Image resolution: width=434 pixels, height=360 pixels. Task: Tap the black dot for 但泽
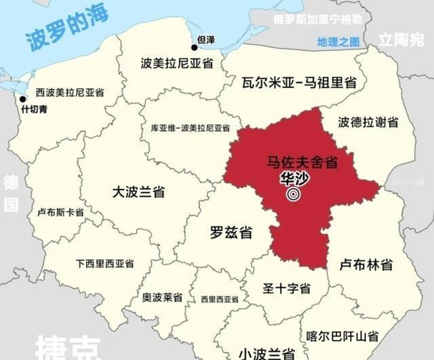(194, 47)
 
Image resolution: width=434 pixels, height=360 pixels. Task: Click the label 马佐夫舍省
(301, 163)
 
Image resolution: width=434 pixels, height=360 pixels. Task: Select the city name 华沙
(294, 180)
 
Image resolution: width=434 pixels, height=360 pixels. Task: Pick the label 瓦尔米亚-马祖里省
(299, 83)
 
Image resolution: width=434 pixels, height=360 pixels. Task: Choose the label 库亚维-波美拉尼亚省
(191, 127)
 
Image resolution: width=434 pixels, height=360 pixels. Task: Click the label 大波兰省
(138, 192)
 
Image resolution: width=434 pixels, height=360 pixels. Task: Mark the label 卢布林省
(366, 264)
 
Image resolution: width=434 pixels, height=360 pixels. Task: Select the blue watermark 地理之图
(338, 42)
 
